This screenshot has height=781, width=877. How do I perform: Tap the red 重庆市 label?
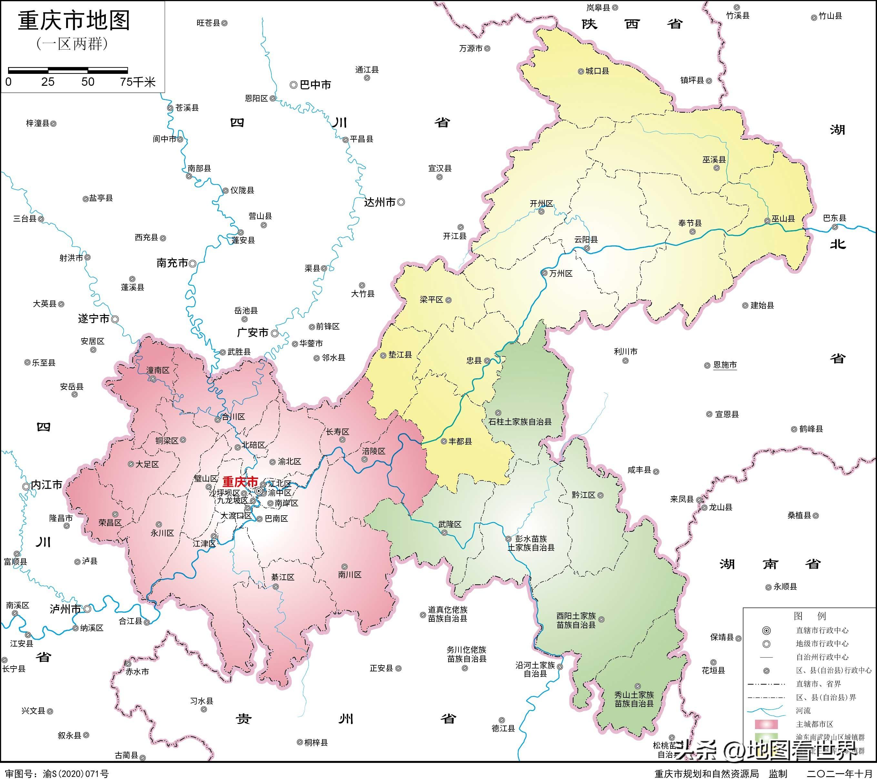[x=240, y=481]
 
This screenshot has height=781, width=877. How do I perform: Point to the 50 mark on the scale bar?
[x=88, y=82]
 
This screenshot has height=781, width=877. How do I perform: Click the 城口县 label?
[x=597, y=71]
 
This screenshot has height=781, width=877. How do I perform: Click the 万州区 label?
[x=560, y=273]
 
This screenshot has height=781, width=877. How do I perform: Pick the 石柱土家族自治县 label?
[x=520, y=422]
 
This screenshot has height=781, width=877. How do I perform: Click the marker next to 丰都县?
[x=444, y=441]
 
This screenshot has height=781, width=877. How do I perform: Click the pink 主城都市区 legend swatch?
[x=766, y=724]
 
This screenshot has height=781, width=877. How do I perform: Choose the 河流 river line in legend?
[x=766, y=711]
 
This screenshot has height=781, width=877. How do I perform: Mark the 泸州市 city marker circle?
[x=87, y=609]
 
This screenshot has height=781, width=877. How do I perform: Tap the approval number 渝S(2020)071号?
[x=76, y=774]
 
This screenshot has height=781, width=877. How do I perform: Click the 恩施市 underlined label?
[x=725, y=365]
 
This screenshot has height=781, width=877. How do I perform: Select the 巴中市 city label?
[x=315, y=85]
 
